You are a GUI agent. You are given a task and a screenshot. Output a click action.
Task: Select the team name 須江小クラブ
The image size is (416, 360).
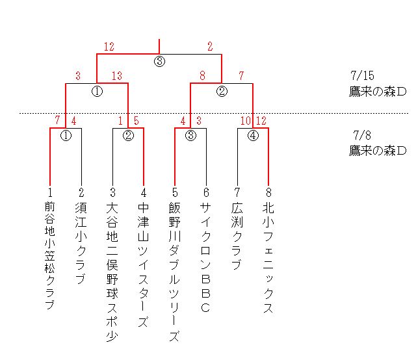pos(81,244)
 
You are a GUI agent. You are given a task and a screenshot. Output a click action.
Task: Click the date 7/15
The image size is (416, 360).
pos(361,76)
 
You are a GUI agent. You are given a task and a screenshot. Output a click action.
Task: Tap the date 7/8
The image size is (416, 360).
pos(362,136)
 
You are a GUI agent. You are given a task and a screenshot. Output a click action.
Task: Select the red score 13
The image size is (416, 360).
pos(117,76)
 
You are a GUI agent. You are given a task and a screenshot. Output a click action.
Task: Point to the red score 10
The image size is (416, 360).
pos(245,120)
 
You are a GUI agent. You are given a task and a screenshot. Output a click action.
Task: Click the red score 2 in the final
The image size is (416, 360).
pos(209,46)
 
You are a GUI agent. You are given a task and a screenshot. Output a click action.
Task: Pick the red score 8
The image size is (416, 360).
pos(203,76)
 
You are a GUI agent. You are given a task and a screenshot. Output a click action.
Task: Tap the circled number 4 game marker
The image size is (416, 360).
pos(253,136)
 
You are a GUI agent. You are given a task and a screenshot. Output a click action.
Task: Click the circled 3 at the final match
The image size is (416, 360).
pos(159,62)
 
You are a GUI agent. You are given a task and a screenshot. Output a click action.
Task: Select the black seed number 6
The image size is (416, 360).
pos(205,192)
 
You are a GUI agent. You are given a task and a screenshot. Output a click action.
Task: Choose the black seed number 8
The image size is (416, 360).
pos(268,192)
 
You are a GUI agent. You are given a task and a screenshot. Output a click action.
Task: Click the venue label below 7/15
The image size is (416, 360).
pos(378,91)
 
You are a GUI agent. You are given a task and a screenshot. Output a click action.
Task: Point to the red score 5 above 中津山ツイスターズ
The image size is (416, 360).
pos(136,120)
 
